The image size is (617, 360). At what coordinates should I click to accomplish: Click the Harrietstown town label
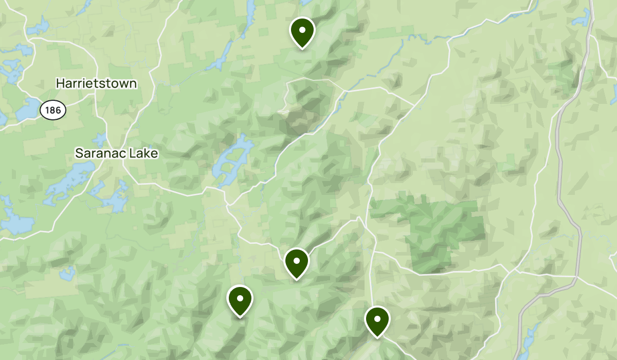coord(96,83)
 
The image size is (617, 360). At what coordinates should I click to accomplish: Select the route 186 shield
coord(52,110)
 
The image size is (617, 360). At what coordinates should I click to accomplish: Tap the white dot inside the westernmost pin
coord(240,298)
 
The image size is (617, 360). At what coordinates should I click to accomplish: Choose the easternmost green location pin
coord(377,321)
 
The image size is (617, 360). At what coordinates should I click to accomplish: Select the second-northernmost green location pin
coord(296,262)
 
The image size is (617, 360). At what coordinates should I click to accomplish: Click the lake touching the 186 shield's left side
coord(28,111)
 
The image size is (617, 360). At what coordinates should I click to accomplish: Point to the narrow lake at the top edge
coord(250,13)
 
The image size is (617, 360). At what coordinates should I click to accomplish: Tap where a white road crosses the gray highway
coord(578,277)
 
